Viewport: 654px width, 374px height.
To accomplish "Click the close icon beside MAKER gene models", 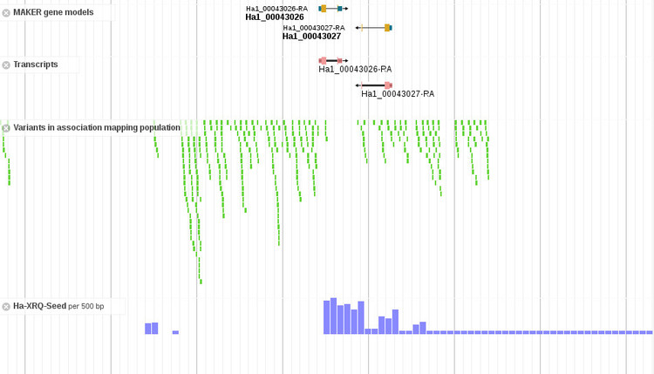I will pos(6,13).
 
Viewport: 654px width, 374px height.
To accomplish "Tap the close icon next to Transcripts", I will pos(6,65).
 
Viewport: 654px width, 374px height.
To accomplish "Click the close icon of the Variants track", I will pos(6,128).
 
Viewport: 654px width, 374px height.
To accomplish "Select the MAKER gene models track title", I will pos(53,12).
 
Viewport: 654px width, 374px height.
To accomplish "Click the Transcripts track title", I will pos(36,65).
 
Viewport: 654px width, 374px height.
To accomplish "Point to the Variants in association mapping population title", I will pos(96,127).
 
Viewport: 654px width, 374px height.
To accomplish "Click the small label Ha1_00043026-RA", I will pos(276,8).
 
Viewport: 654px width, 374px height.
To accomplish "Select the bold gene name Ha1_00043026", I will pos(275,17).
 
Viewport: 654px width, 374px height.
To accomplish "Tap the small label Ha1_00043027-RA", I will pos(313,28).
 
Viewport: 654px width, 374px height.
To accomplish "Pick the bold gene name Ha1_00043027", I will pos(311,37).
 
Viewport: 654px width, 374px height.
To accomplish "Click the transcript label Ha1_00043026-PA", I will pos(355,69).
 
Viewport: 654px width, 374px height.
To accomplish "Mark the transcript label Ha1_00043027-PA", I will pos(398,93).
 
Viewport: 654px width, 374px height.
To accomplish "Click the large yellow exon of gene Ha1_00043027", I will pos(387,28).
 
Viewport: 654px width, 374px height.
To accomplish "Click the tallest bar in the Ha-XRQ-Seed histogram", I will pos(333,316).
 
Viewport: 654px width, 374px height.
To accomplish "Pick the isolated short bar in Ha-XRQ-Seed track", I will pos(175,332).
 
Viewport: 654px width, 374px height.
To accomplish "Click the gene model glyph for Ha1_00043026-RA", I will pos(332,8).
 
